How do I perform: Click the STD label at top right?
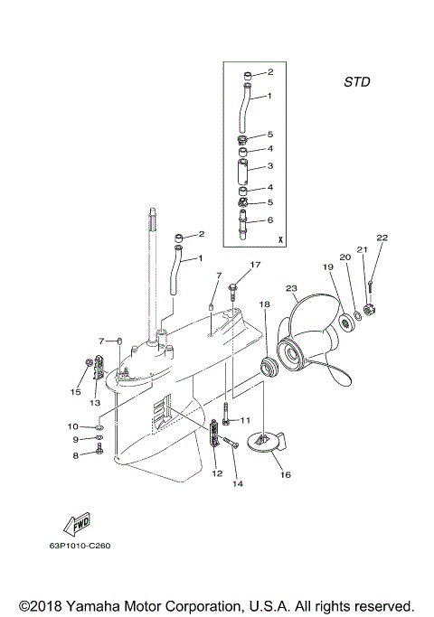coord(356,81)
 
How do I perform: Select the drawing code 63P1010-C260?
coord(81,571)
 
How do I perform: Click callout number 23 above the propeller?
coord(290,289)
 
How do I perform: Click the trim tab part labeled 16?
coord(269,445)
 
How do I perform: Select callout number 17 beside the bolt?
coord(255,265)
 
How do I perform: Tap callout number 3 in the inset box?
coord(269,167)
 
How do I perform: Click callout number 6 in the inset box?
coord(269,220)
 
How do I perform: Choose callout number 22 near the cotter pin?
coord(382,238)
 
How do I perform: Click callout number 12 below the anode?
coord(216,472)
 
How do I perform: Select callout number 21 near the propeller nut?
coord(362,250)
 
